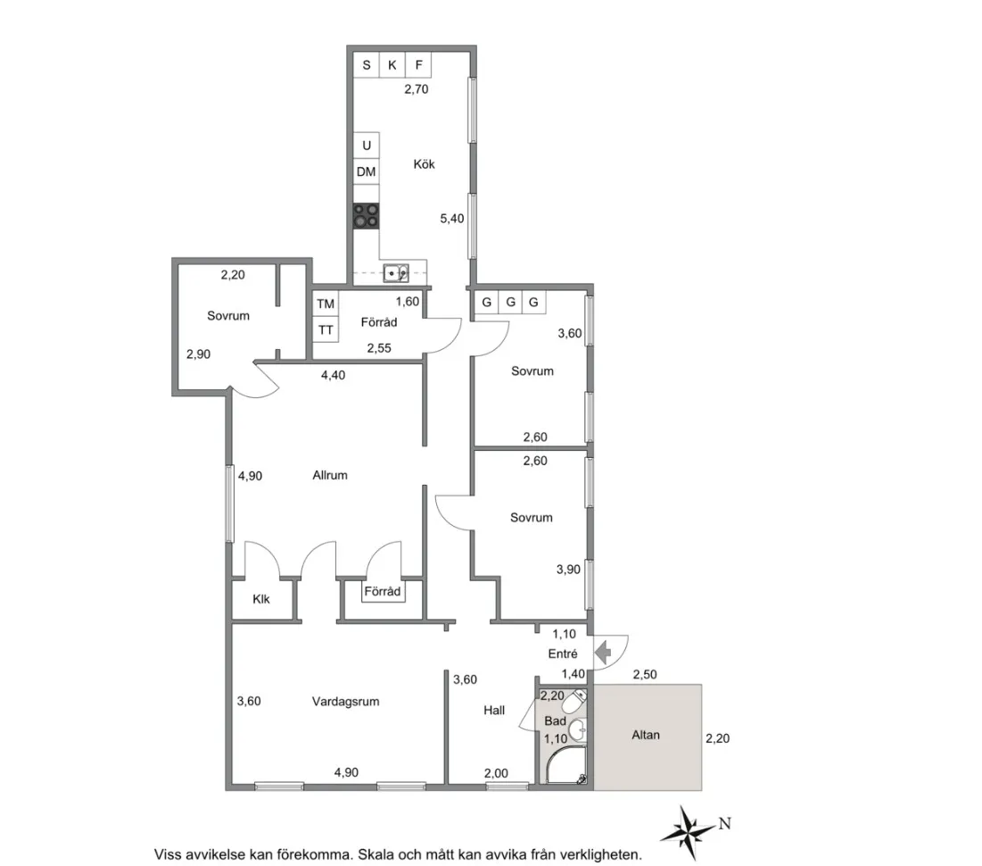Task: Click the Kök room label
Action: [424, 164]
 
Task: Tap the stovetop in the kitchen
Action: [366, 215]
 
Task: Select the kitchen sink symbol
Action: [395, 272]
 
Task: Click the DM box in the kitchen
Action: [366, 171]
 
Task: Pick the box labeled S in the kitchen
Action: [366, 65]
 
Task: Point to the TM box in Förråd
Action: [326, 304]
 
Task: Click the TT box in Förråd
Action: [326, 329]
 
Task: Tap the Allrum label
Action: [329, 475]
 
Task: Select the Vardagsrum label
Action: [345, 701]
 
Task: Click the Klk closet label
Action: [261, 599]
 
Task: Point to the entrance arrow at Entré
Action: [604, 654]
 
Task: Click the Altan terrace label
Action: [646, 735]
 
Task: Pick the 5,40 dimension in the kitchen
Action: [452, 218]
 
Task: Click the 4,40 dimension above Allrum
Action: [333, 375]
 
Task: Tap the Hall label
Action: [494, 711]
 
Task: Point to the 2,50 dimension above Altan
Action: [645, 674]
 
